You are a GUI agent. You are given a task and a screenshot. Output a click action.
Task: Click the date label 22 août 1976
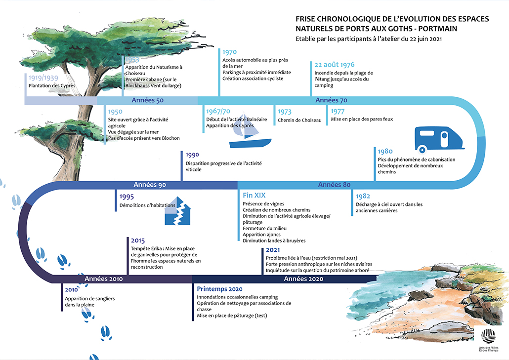pos(335,65)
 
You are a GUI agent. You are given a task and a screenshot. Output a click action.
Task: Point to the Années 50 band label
pos(147,100)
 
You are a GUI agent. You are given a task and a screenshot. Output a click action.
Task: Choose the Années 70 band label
pos(331,100)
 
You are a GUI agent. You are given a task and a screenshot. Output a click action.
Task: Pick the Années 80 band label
pos(334,185)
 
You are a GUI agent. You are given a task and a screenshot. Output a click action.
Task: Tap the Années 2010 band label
pos(104,279)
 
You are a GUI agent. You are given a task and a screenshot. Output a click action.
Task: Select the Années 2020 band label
pos(303,279)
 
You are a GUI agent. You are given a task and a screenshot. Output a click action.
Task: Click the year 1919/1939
pos(43,78)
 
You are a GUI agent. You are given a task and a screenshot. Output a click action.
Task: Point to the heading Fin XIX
pos(254,196)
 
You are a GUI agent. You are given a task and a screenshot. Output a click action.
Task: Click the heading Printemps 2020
pos(219,289)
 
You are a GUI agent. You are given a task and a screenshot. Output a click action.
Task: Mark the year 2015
pos(138,240)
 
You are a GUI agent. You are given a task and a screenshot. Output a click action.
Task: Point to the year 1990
pos(192,155)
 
